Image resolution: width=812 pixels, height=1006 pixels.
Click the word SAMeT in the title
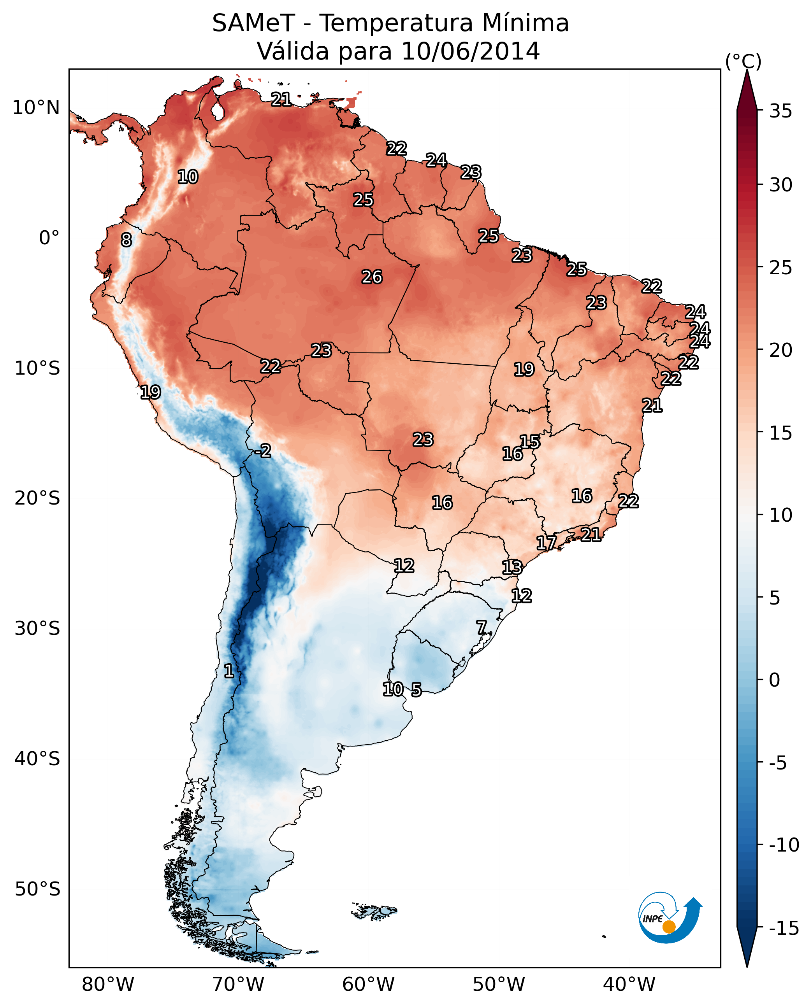click(253, 23)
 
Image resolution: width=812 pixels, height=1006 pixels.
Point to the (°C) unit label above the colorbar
click(743, 61)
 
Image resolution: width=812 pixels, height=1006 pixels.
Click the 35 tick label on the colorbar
click(780, 111)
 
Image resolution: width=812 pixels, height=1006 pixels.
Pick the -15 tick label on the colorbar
click(784, 928)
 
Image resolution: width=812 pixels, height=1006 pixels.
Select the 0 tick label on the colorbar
click(775, 680)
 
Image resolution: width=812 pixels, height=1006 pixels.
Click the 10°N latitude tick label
click(36, 108)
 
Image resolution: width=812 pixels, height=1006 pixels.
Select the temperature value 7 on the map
click(481, 627)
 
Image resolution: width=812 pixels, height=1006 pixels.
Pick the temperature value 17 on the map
click(546, 543)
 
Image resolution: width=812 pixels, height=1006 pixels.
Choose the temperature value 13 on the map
click(512, 568)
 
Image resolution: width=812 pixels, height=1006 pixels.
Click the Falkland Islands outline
click(374, 911)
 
